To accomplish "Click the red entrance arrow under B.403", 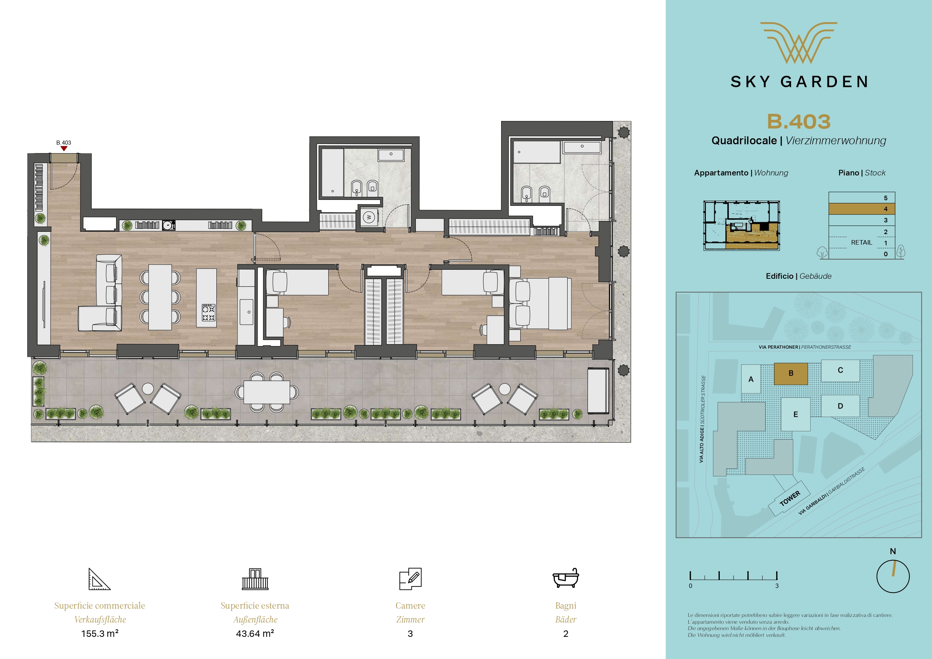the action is (64, 149).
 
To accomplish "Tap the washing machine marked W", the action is (369, 217).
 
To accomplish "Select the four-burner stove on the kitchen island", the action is (208, 313).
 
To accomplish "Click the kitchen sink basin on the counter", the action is (246, 312).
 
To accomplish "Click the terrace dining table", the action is (267, 392).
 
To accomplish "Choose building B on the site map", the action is (791, 373).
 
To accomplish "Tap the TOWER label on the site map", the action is (790, 498).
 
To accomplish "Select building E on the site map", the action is (796, 414).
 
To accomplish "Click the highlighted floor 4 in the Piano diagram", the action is (862, 209).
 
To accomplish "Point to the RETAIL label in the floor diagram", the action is (861, 242).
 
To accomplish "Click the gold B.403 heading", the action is (798, 121).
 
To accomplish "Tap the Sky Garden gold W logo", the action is (798, 42).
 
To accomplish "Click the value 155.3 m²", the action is (100, 633).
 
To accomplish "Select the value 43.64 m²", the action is (255, 633).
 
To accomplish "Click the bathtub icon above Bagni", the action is (565, 578).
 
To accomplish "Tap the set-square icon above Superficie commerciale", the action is (100, 579).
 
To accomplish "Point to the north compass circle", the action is (893, 576).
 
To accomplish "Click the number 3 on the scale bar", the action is (777, 586).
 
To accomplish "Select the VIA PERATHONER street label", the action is (778, 347).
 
